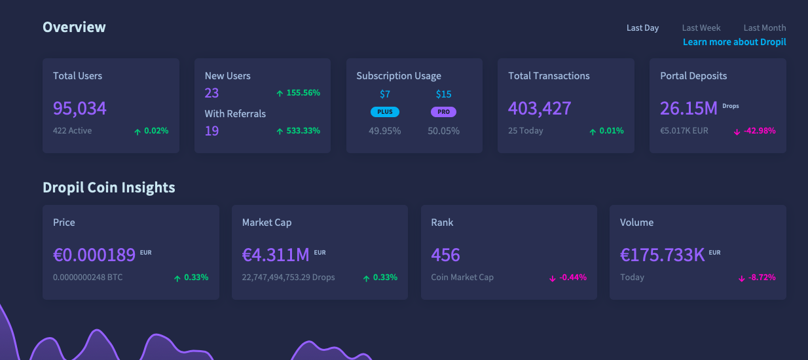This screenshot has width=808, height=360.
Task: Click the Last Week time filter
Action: coord(701,28)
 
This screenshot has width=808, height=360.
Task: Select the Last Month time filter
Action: coord(764,28)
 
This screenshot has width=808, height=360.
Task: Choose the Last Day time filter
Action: coord(642,28)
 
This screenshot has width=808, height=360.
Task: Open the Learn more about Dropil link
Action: coord(734,42)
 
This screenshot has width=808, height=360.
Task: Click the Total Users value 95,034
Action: coord(80,108)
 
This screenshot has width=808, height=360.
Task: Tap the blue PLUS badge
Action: coord(385,112)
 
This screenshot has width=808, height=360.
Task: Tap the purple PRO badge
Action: coord(443,112)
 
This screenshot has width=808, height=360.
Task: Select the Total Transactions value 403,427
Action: coord(540,108)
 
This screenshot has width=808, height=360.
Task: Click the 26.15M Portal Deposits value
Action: coord(689,108)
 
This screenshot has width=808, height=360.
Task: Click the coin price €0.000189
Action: coord(94,255)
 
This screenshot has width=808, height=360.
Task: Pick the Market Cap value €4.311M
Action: coord(276,255)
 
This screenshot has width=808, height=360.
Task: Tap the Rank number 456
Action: coord(445,255)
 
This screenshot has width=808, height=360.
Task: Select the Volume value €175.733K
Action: coord(662,255)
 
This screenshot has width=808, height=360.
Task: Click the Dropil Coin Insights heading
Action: coord(109,188)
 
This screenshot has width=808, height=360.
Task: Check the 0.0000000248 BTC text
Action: coord(88,278)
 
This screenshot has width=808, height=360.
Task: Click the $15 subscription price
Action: coord(443,94)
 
